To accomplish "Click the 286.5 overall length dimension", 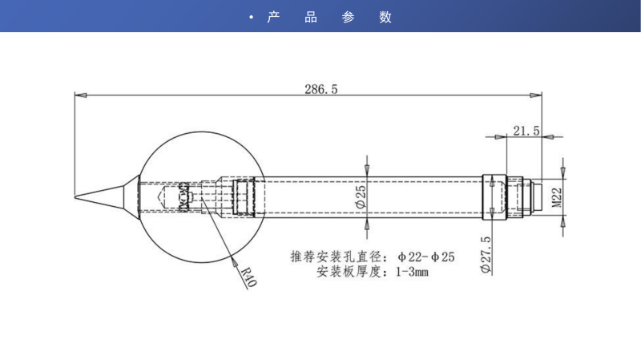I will click(320, 89).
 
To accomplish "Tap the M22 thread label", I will click(554, 196).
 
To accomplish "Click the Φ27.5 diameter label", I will click(486, 255).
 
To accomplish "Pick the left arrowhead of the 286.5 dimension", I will click(79, 95).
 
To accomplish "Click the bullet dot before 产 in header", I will click(252, 18).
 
